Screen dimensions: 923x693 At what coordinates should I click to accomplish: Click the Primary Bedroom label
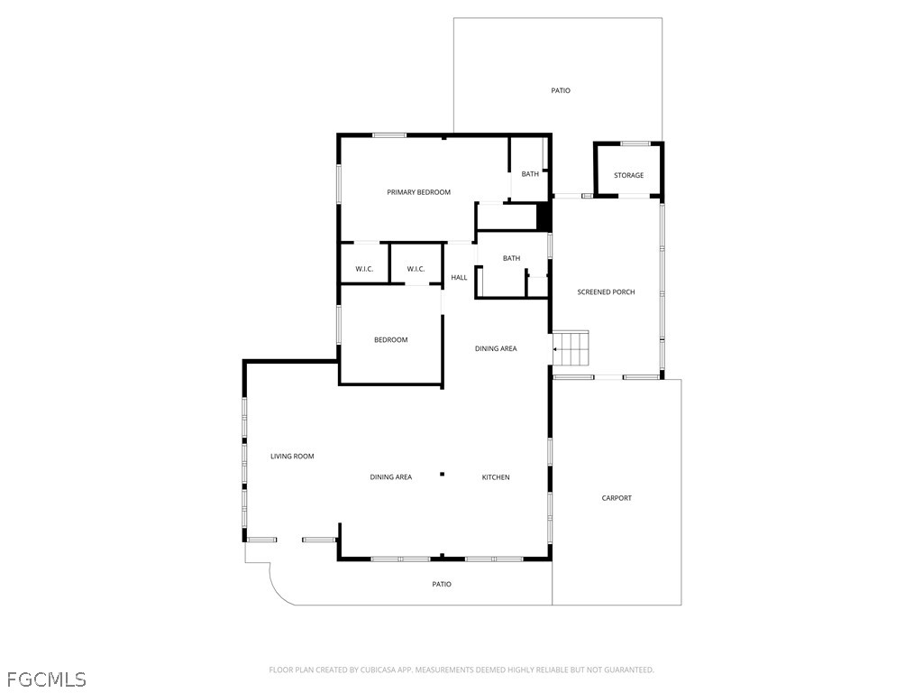[x=418, y=192]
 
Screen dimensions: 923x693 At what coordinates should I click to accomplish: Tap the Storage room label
[x=628, y=175]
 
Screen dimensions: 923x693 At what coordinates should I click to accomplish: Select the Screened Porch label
[x=606, y=291]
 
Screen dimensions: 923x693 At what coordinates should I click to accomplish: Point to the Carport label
[x=617, y=498]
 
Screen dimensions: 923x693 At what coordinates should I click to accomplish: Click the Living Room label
[x=292, y=456]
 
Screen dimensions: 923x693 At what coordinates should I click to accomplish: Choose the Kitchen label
[x=496, y=477]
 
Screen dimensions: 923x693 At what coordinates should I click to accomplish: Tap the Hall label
[x=459, y=278]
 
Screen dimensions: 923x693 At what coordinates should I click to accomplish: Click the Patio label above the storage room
[x=561, y=91]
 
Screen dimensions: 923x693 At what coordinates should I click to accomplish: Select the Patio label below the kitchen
[x=442, y=584]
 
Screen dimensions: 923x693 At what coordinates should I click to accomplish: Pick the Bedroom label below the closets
[x=391, y=340]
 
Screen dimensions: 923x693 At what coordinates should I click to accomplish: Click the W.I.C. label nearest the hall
[x=416, y=269]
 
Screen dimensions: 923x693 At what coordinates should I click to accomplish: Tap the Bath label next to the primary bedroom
[x=530, y=174]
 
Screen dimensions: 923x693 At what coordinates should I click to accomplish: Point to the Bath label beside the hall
[x=512, y=258]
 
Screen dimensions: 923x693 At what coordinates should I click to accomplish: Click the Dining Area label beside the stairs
[x=496, y=349]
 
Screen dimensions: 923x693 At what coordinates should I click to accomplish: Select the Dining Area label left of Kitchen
[x=391, y=477]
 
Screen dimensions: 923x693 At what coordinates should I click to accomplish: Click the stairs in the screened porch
[x=571, y=348]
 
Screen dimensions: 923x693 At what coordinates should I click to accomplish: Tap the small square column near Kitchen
[x=442, y=474]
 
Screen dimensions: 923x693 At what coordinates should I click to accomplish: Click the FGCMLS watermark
[x=47, y=679]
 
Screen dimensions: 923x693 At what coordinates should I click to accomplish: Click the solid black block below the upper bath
[x=544, y=217]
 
